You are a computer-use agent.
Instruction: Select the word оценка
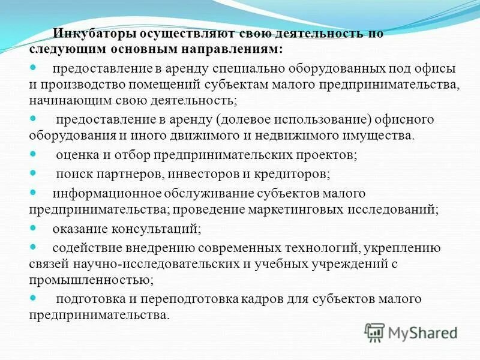pyautogui.click(x=75, y=155)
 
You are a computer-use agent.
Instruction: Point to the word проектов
pyautogui.click(x=329, y=155)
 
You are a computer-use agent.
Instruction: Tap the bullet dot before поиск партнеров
pyautogui.click(x=33, y=173)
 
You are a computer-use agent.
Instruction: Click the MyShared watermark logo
pyautogui.click(x=410, y=332)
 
